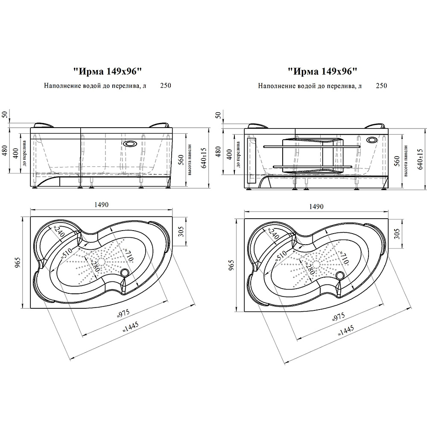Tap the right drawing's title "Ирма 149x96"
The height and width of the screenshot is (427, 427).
322,71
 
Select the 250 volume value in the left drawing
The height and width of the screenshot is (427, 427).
165,86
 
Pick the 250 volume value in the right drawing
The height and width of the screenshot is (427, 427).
381,86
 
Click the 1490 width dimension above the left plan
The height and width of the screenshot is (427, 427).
101,205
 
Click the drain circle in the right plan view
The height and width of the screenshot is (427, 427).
340,275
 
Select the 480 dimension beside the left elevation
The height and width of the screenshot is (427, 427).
5,152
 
